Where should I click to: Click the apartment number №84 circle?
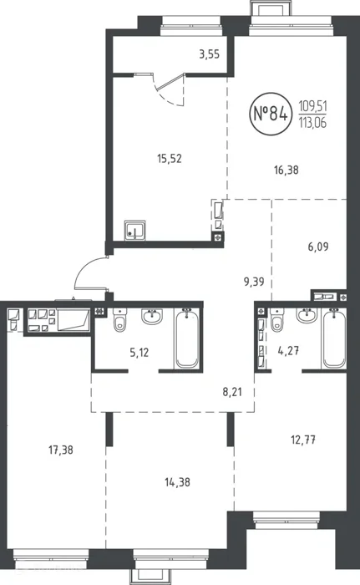click(x=271, y=114)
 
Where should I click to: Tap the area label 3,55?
click(x=210, y=55)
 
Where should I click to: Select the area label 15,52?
click(x=170, y=159)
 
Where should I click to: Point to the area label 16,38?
click(x=286, y=170)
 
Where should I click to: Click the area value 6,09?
click(x=318, y=247)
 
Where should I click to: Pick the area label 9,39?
click(x=254, y=282)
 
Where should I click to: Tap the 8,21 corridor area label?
click(x=232, y=392)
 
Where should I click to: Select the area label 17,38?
click(x=61, y=450)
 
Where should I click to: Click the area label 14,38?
click(x=177, y=482)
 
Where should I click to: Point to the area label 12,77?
click(x=303, y=440)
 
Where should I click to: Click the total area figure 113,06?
click(x=312, y=122)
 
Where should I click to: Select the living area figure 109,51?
click(x=312, y=106)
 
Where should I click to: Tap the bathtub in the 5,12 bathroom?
click(x=187, y=338)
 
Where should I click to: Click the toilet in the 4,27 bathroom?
click(x=276, y=319)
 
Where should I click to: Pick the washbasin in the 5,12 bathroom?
click(x=152, y=316)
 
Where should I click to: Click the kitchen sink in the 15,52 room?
click(x=135, y=230)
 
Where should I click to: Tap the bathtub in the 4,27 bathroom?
click(x=334, y=338)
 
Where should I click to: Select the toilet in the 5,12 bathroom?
click(x=119, y=319)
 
